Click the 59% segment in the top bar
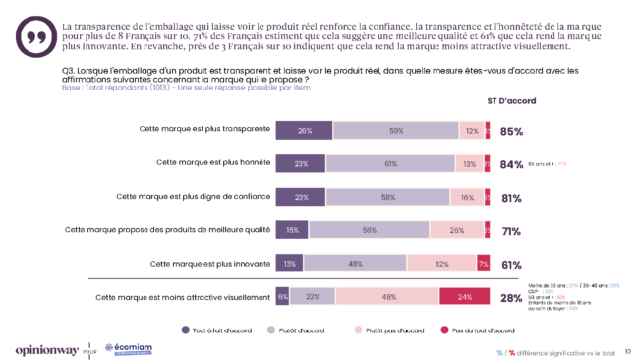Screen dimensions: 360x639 click(396, 131)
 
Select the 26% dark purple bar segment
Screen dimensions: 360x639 click(305, 131)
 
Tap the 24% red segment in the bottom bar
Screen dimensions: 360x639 click(464, 296)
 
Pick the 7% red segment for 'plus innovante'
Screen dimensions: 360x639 click(482, 264)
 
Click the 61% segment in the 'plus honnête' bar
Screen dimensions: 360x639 click(390, 164)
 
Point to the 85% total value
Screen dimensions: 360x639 click(511, 131)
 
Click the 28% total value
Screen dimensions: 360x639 click(511, 297)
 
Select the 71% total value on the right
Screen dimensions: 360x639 click(511, 231)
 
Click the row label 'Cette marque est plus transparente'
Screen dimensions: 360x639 click(205, 130)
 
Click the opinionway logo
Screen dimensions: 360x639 click(46, 348)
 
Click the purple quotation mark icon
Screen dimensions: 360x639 click(37, 35)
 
